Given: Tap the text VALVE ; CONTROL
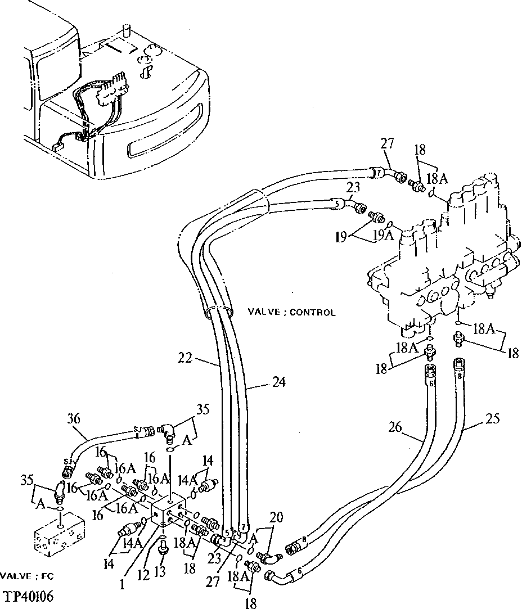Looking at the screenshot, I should click(291, 312).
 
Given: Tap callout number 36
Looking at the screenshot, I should click(73, 418).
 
